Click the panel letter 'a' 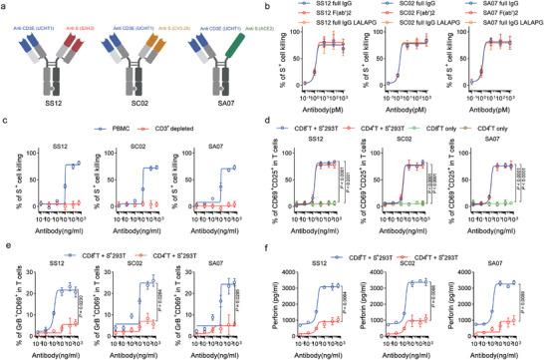6,6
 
